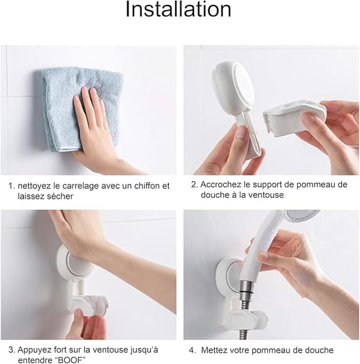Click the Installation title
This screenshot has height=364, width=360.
(178, 9)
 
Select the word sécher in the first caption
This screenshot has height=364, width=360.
(60, 196)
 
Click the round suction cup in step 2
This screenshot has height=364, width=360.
(232, 86)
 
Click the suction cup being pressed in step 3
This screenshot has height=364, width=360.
(76, 267)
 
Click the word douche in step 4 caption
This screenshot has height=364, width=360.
(319, 350)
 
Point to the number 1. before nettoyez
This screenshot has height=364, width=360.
(11, 186)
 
